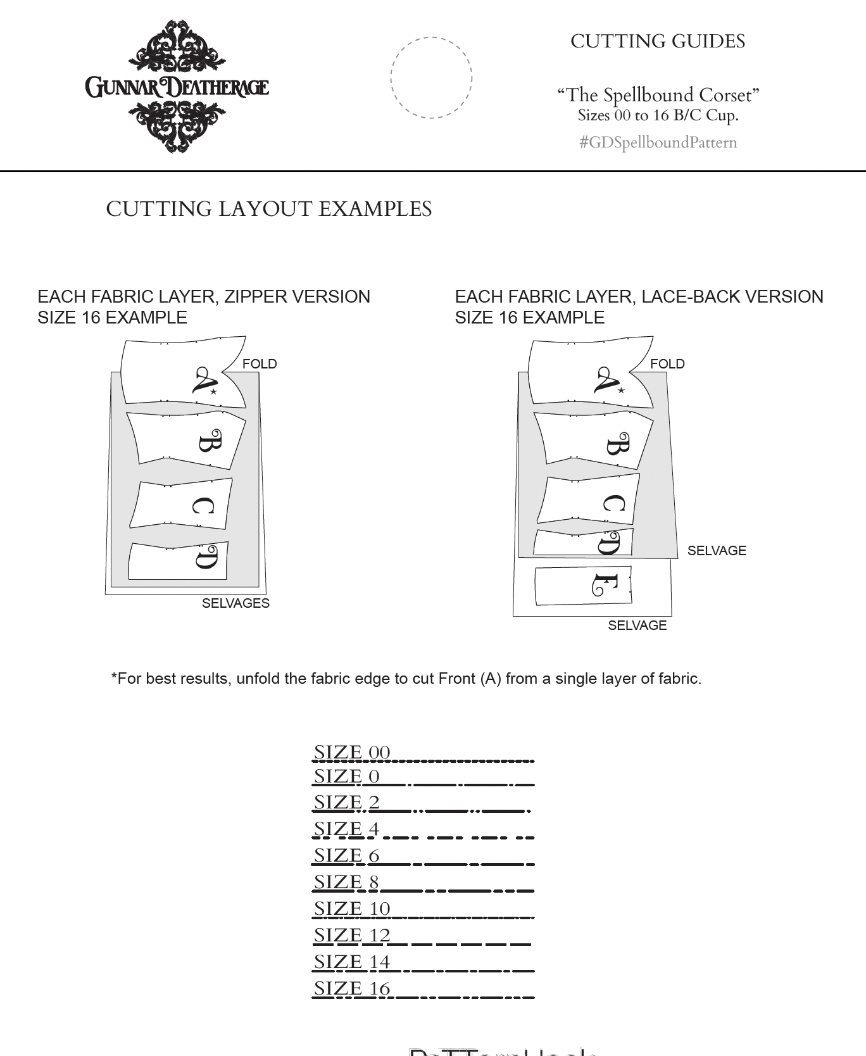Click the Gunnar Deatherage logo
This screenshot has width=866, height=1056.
tap(177, 87)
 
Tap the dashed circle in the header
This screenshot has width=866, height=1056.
tap(431, 78)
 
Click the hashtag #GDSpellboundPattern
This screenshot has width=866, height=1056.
tap(658, 142)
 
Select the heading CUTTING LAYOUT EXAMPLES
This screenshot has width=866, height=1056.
tap(268, 209)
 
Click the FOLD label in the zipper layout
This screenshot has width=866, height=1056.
tap(260, 364)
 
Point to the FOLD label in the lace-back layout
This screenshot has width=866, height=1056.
tap(667, 364)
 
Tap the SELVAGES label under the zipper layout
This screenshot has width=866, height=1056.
tap(235, 603)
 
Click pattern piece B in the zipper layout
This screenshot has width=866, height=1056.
tap(187, 441)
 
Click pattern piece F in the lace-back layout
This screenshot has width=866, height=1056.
tap(583, 586)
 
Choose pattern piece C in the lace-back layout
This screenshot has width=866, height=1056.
tap(589, 500)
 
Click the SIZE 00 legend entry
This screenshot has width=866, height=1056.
tap(352, 753)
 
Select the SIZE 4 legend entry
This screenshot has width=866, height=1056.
tap(346, 829)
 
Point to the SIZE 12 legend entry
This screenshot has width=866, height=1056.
tap(352, 936)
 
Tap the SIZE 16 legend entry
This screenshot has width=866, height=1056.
tap(352, 989)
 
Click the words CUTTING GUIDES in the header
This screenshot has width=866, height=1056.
tap(657, 42)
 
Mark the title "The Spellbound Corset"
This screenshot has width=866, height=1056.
tap(658, 95)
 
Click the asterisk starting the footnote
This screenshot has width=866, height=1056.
tap(114, 677)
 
